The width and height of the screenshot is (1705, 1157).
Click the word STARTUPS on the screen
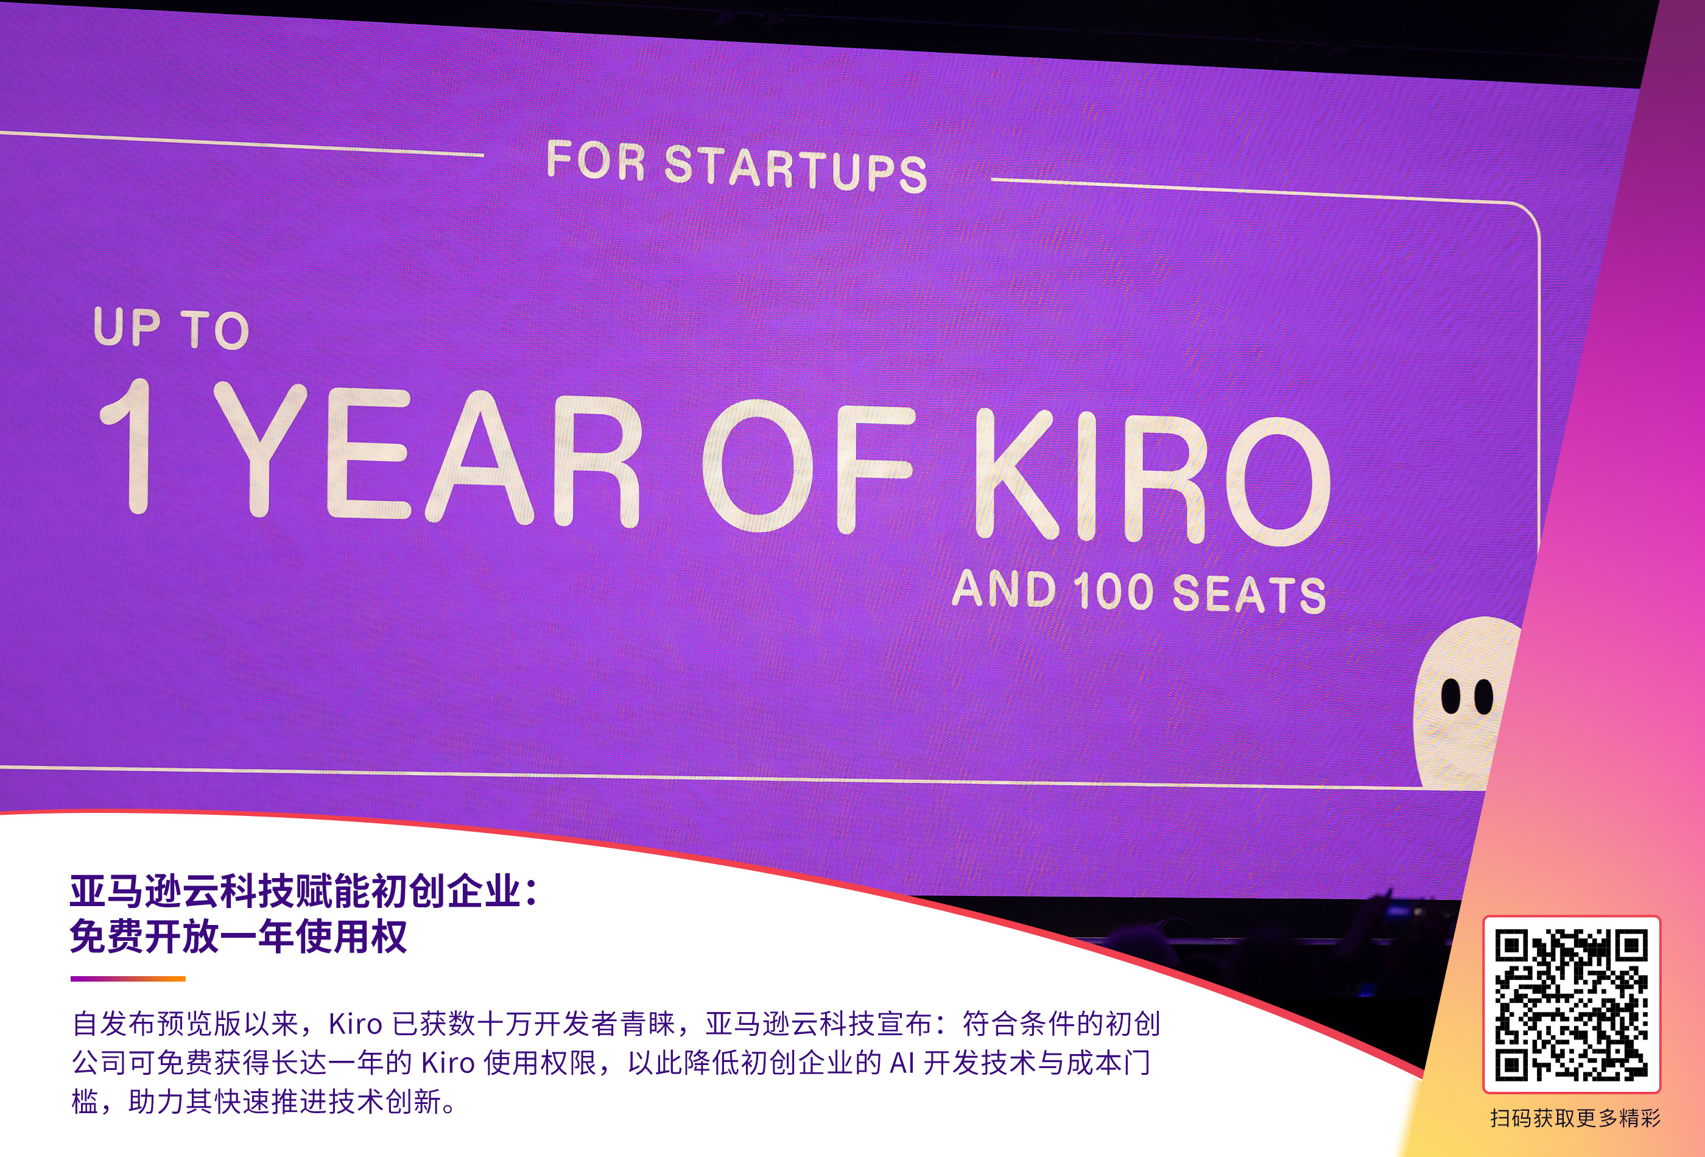[795, 168]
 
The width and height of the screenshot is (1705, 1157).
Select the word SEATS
[1250, 594]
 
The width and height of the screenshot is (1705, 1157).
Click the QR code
[1572, 1004]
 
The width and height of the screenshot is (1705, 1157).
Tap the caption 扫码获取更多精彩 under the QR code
[1575, 1118]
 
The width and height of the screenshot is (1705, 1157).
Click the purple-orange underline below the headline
[128, 979]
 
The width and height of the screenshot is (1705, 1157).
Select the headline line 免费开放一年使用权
[239, 937]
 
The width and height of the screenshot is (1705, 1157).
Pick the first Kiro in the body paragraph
[356, 1024]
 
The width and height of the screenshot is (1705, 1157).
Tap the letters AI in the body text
[901, 1063]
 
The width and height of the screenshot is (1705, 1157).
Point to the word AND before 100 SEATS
[1004, 588]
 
